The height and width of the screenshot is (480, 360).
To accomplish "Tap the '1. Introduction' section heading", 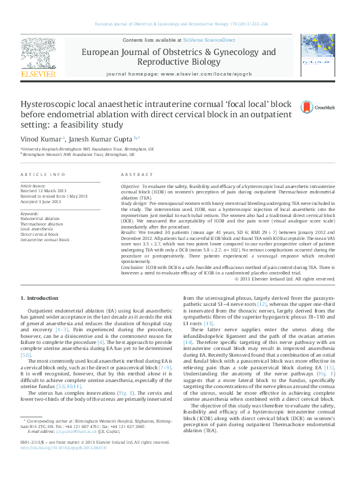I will point(39,298).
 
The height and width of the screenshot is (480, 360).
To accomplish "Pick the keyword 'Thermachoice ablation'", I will point(41,224).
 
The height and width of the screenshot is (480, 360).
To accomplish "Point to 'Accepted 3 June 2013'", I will point(41,201).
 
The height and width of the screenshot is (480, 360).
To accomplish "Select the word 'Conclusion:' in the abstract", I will point(133,267).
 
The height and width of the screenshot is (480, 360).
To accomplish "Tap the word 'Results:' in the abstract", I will point(129,232).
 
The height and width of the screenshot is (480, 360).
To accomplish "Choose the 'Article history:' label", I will point(33,186).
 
